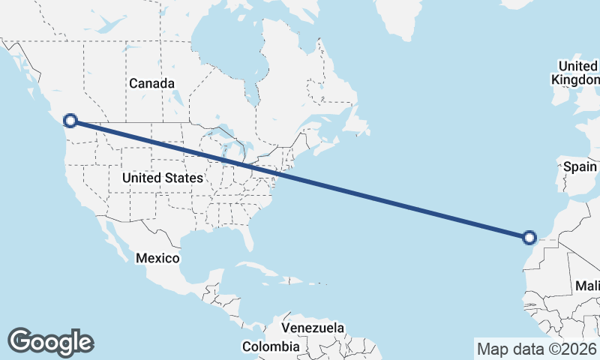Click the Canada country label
(x=151, y=83)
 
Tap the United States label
(x=162, y=178)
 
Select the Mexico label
(x=157, y=258)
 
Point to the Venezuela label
(x=313, y=328)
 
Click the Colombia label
(x=270, y=346)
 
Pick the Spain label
(x=580, y=166)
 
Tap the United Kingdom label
(x=576, y=72)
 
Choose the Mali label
(x=586, y=286)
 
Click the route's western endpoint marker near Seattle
(x=70, y=120)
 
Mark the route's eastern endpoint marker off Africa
(x=529, y=238)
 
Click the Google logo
(x=50, y=342)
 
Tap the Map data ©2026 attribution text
(x=537, y=349)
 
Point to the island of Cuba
(x=258, y=271)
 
